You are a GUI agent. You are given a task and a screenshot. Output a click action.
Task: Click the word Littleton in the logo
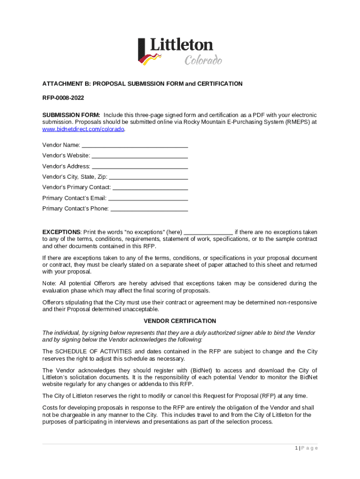point(181,45)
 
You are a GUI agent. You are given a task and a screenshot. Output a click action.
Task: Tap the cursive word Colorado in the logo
point(203,60)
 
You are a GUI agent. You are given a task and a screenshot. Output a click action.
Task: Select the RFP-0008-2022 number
point(63,99)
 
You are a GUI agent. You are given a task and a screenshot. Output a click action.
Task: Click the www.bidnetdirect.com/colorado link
point(84,129)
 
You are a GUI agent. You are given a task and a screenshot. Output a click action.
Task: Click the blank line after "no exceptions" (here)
point(209,233)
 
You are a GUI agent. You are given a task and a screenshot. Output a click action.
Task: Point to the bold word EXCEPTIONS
point(61,232)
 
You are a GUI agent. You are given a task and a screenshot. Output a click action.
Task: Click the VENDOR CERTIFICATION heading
point(180,321)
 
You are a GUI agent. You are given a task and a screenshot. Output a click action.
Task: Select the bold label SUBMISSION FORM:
point(71,115)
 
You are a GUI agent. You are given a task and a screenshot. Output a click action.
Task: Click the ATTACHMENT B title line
point(142,84)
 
